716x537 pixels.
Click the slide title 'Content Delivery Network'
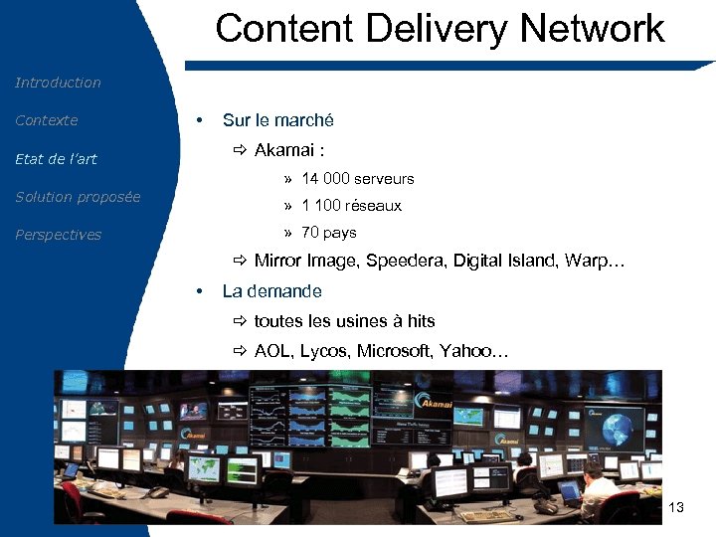pyautogui.click(x=440, y=28)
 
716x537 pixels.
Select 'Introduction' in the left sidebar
pyautogui.click(x=58, y=83)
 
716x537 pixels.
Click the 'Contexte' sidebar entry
pyautogui.click(x=46, y=120)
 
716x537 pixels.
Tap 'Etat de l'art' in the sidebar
pyautogui.click(x=56, y=159)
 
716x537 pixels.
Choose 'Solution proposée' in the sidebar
pyautogui.click(x=78, y=197)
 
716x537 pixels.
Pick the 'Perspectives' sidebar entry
pyautogui.click(x=58, y=235)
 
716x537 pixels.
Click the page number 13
pyautogui.click(x=677, y=508)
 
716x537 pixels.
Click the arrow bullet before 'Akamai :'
pyautogui.click(x=240, y=150)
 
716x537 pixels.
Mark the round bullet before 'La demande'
pyautogui.click(x=200, y=292)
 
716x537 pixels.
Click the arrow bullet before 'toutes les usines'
pyautogui.click(x=240, y=321)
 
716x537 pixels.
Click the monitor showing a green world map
pyautogui.click(x=205, y=467)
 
